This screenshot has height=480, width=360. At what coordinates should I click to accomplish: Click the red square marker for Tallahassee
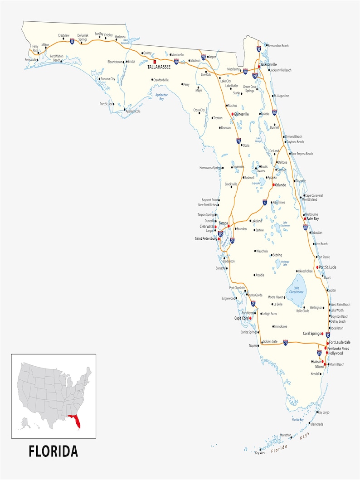[155, 61]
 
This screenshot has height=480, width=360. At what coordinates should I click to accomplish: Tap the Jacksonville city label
[268, 65]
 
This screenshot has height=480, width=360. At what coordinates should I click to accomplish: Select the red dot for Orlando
[273, 185]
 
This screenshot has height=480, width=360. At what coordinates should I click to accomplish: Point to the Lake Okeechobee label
[296, 290]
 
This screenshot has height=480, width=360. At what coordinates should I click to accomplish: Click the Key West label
[260, 453]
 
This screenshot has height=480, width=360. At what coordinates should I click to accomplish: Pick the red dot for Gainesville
[232, 114]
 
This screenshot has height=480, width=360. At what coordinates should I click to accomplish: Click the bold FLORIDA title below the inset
[54, 451]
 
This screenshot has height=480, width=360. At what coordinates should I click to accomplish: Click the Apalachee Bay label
[161, 97]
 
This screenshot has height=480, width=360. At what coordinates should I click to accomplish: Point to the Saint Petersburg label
[206, 238]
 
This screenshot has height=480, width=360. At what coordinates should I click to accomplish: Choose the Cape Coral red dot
[250, 318]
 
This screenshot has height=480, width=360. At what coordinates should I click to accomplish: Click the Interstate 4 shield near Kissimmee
[265, 202]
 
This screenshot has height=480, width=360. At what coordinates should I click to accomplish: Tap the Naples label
[253, 345]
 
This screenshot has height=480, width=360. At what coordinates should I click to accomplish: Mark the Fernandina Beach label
[278, 46]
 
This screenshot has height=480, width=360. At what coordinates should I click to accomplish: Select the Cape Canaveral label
[314, 195]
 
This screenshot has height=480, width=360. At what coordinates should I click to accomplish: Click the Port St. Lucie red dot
[317, 267]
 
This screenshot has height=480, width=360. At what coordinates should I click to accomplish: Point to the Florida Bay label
[298, 420]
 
